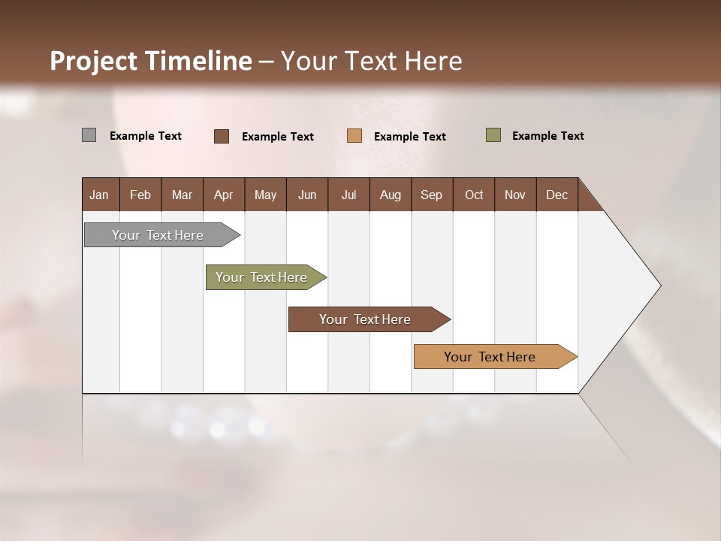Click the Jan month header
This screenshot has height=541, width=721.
point(100,195)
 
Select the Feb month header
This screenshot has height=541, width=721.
point(140,195)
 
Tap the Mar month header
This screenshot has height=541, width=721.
point(182,195)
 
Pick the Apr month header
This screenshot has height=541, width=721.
point(223,195)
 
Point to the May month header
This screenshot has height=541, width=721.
point(265,195)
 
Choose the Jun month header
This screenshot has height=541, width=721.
point(307,195)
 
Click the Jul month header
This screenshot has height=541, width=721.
point(348,195)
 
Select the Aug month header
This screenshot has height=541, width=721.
point(390,195)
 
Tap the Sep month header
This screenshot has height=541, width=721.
point(431,195)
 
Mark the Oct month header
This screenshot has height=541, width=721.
point(474,195)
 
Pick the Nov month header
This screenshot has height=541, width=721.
point(515,195)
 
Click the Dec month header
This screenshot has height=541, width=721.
point(557,195)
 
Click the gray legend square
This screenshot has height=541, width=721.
point(89,135)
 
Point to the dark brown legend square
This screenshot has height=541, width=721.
point(222,136)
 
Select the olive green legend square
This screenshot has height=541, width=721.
point(493,135)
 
